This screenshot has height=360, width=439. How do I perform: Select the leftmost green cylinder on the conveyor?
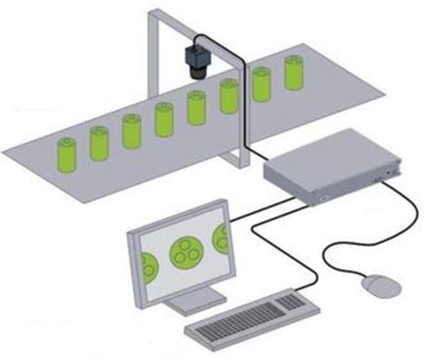click(x=67, y=155)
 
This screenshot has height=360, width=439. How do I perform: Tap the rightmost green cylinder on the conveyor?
click(x=294, y=73)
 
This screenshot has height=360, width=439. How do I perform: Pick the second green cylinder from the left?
click(x=99, y=143)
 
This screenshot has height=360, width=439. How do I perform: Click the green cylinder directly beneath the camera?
click(x=197, y=107)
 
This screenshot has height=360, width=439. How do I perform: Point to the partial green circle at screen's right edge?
click(x=219, y=238)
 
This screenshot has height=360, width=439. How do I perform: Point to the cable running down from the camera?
click(x=243, y=102)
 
